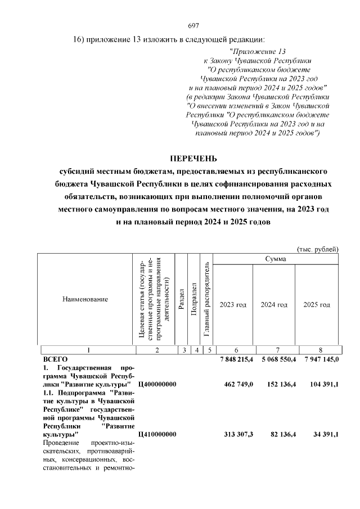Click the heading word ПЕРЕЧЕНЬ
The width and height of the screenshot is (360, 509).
pyautogui.click(x=193, y=159)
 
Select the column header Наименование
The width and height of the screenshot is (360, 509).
pyautogui.click(x=85, y=299)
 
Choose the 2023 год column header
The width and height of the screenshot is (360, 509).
pyautogui.click(x=233, y=304)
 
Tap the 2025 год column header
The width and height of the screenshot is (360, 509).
pyautogui.click(x=317, y=304)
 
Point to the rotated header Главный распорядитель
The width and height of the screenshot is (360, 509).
pyautogui.click(x=206, y=299)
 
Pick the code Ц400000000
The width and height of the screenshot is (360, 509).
pyautogui.click(x=157, y=384)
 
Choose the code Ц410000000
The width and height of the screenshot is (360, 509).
pyautogui.click(x=157, y=434)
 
